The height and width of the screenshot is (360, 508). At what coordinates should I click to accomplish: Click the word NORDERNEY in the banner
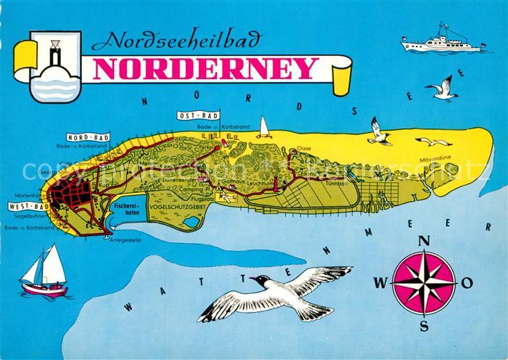pos(204,68)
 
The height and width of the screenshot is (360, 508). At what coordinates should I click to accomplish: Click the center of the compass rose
pos(424,282)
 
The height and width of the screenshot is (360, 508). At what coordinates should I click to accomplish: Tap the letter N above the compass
pos(425,242)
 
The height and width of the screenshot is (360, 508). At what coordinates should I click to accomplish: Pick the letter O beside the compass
pos(467,282)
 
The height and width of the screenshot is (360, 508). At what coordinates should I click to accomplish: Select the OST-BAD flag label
pos(200,115)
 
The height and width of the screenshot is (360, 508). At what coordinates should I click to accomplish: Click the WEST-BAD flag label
pos(26,207)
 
